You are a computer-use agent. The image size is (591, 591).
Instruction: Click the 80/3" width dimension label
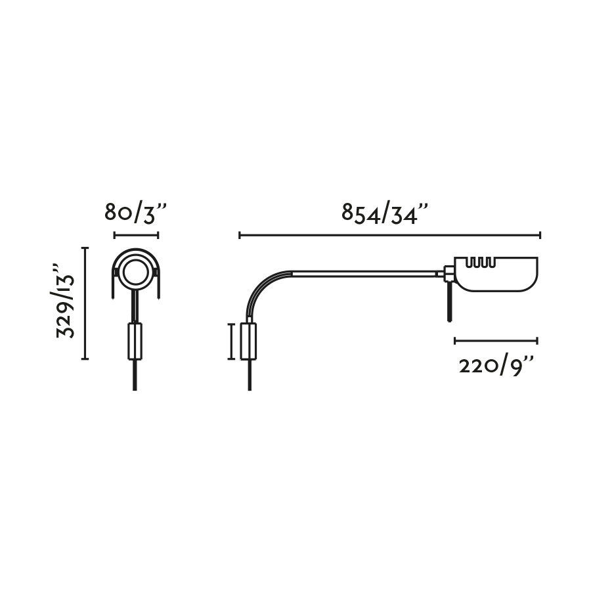135,213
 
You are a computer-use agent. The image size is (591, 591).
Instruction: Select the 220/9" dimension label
496,366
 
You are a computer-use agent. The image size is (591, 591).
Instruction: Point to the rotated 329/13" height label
65,301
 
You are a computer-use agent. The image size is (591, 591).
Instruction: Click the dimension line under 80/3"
136,236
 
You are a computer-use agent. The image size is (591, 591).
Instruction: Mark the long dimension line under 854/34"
390,236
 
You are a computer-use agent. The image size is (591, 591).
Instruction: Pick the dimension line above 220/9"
496,341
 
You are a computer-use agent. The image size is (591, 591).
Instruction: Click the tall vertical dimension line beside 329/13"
85,303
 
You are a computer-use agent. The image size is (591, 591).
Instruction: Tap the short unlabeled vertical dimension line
231,341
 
